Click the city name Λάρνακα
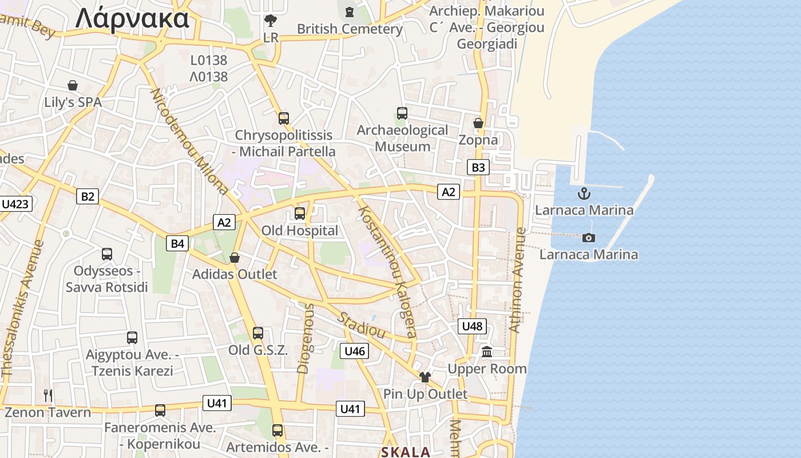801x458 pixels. [x=132, y=18]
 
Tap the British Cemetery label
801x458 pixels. [x=350, y=29]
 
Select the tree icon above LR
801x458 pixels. [x=271, y=21]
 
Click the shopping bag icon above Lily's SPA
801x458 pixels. [x=73, y=86]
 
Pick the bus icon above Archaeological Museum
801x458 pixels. [x=402, y=113]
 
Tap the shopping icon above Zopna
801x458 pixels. [x=478, y=123]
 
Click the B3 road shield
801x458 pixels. [x=478, y=167]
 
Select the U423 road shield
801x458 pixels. [x=15, y=204]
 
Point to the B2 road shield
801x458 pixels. [x=87, y=196]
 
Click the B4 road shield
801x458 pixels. [x=178, y=243]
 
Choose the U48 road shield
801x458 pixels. [x=473, y=326]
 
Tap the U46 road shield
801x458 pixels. [x=355, y=351]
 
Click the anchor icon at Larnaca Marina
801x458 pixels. [x=584, y=194]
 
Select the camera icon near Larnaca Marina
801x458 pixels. [x=588, y=238]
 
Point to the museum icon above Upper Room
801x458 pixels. [x=487, y=352]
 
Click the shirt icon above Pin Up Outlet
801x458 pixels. [x=425, y=377]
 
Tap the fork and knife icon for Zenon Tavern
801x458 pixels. [x=48, y=395]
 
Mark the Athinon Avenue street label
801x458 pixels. [x=517, y=281]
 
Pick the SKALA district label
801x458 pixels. [x=406, y=452]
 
